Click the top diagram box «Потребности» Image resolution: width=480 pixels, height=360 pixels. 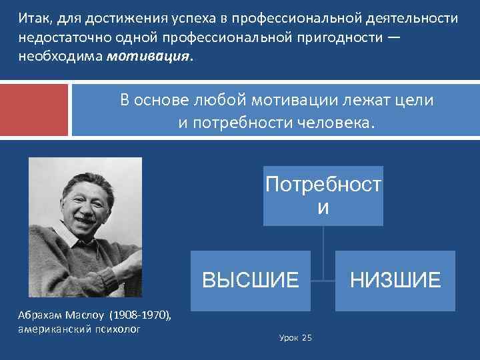point(323,195)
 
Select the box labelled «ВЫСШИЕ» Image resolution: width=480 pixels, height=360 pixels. point(251,281)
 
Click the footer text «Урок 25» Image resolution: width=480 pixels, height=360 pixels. point(295,338)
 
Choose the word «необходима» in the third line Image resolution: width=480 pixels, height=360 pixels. point(59,57)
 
